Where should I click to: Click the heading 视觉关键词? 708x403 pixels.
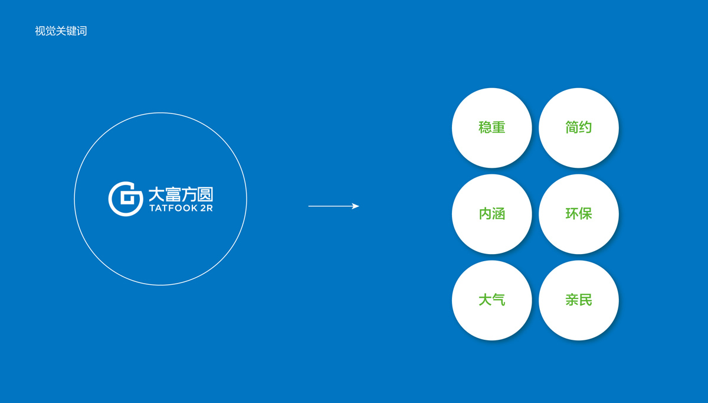[61, 31]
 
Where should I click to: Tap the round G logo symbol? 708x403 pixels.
[126, 199]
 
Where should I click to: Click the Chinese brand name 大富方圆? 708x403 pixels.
[180, 194]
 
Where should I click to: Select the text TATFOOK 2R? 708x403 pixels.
[181, 209]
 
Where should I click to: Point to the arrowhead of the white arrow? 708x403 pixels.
[355, 206]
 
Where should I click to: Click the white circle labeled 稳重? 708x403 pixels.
[491, 128]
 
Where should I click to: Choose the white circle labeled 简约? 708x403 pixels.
[578, 128]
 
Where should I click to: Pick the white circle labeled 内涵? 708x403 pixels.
[491, 214]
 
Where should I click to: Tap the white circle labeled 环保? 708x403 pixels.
[578, 214]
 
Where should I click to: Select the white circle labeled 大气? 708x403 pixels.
[491, 301]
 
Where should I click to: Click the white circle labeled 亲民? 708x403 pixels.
[578, 301]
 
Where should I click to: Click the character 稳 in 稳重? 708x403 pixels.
[485, 128]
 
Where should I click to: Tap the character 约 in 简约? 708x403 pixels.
[585, 128]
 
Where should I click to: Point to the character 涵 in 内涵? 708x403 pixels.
[499, 214]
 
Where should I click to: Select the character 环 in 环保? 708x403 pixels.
[572, 214]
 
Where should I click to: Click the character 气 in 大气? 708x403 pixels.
[499, 300]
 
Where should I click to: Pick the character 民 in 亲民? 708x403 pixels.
[585, 300]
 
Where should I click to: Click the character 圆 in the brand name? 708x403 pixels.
[204, 194]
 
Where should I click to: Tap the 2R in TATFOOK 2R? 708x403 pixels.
[206, 209]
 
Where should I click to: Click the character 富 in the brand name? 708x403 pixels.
[172, 194]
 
